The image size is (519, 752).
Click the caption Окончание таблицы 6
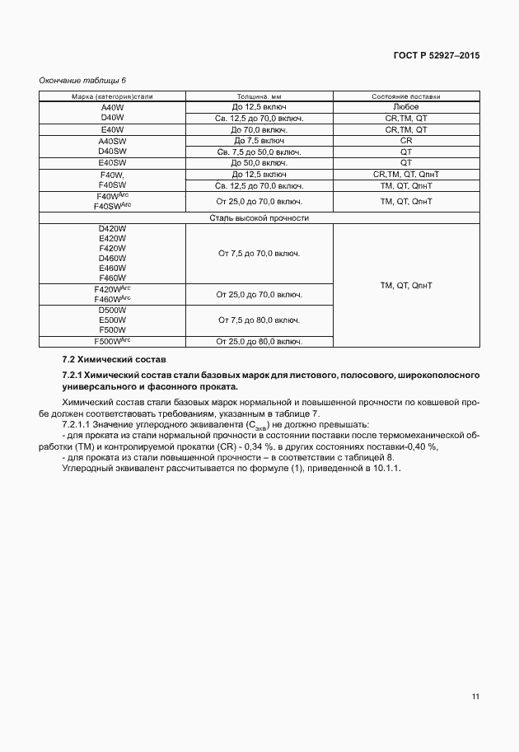pyautogui.click(x=82, y=80)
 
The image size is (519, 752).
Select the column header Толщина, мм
pyautogui.click(x=259, y=97)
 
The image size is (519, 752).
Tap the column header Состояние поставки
pyautogui.click(x=406, y=97)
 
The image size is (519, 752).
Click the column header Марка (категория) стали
pyautogui.click(x=112, y=97)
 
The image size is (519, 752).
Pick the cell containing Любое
pyautogui.click(x=406, y=108)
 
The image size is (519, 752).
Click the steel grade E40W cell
pyautogui.click(x=112, y=130)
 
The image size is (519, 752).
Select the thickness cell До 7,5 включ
pyautogui.click(x=259, y=141)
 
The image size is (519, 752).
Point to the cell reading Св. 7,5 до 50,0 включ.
pyautogui.click(x=259, y=152)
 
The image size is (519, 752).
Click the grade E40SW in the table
pyautogui.click(x=112, y=163)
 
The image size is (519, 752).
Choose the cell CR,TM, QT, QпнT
pyautogui.click(x=406, y=175)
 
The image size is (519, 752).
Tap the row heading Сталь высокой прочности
pyautogui.click(x=259, y=218)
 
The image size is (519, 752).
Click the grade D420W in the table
pyautogui.click(x=112, y=229)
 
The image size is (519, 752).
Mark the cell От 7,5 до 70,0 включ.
pyautogui.click(x=259, y=254)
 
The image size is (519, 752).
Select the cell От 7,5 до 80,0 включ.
pyautogui.click(x=259, y=319)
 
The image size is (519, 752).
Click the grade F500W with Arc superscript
pyautogui.click(x=113, y=340)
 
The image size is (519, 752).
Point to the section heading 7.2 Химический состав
pyautogui.click(x=115, y=360)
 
